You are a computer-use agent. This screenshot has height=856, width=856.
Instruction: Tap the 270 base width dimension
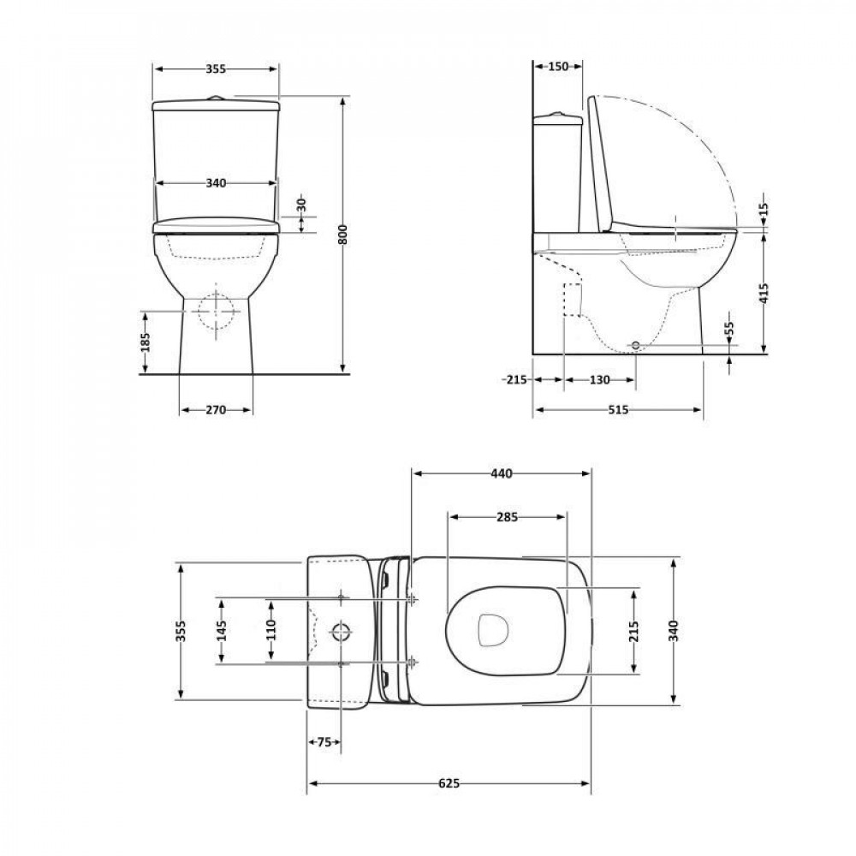[x=215, y=410]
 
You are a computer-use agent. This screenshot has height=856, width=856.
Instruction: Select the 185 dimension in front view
[x=146, y=342]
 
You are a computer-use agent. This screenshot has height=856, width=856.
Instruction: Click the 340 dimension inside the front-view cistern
[x=216, y=183]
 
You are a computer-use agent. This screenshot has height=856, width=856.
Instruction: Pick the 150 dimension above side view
[x=558, y=67]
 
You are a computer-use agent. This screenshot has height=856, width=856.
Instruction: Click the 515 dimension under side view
[x=618, y=410]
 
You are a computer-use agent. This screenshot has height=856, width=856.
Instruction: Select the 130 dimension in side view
[x=599, y=379]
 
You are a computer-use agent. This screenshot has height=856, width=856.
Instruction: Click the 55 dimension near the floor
[x=728, y=329]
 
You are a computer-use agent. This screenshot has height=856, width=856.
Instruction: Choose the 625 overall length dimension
[x=449, y=783]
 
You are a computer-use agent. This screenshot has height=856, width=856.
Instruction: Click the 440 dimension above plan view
[x=501, y=473]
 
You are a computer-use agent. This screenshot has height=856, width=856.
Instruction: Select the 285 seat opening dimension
[x=507, y=517]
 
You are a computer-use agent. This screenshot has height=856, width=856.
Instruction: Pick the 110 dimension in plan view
[x=270, y=630]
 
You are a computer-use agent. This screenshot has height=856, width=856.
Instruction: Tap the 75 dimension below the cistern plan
[x=324, y=743]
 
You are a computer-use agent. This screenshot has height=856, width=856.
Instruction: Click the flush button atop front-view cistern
[x=216, y=98]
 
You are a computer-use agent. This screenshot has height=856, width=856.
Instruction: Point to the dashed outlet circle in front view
[x=216, y=312]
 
